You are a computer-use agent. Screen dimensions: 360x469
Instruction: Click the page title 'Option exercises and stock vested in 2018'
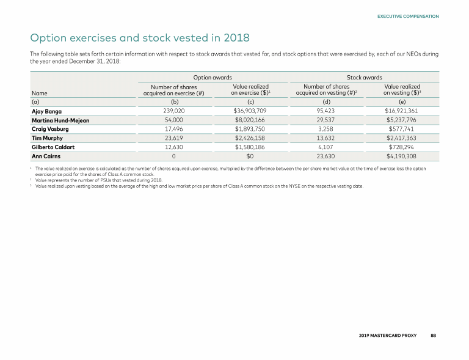tap(140, 38)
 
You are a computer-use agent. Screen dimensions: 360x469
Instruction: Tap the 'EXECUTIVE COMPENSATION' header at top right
tap(408, 17)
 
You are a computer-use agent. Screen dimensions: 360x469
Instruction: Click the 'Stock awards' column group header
tap(364, 78)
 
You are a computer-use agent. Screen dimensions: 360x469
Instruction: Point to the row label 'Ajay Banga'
tap(46, 111)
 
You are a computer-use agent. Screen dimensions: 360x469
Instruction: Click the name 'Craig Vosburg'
tap(51, 130)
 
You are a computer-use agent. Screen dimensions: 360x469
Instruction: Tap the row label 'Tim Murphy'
tap(48, 139)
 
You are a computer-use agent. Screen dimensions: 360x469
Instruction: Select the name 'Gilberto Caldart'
tap(54, 147)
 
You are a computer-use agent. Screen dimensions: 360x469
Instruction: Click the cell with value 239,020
tap(174, 111)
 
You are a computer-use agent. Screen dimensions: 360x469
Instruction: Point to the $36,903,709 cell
tap(250, 111)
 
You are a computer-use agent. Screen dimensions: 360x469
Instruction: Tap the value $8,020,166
tap(250, 120)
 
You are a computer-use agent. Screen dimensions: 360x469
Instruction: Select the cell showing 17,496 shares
tap(174, 130)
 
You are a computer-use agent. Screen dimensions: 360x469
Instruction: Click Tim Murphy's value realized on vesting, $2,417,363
tap(402, 139)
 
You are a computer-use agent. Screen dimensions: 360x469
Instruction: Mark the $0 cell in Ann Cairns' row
tap(250, 156)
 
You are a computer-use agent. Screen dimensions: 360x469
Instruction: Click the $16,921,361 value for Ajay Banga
tap(402, 111)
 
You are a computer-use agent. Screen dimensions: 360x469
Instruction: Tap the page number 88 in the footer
tap(433, 336)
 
